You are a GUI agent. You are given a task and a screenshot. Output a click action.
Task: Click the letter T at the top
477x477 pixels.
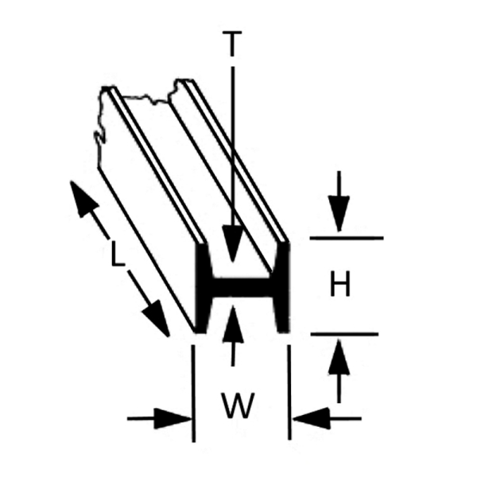point(232,44)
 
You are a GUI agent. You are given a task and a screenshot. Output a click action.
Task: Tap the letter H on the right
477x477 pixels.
point(340,284)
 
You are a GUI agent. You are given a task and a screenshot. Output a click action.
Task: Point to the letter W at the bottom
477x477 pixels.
point(238,405)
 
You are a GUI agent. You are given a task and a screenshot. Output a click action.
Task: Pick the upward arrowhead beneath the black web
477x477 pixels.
point(233,324)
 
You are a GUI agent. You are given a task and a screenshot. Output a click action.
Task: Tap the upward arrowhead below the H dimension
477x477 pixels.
point(339,357)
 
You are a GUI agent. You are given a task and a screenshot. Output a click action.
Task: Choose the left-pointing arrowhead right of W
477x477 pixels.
point(311,419)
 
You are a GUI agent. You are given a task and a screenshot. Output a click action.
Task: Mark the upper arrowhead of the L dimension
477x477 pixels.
point(83,198)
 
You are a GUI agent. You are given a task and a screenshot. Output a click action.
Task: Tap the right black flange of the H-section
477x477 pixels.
point(281,288)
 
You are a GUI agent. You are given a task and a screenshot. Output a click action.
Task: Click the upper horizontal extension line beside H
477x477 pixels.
point(347,238)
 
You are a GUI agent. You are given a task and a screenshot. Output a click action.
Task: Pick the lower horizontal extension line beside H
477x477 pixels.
point(344,334)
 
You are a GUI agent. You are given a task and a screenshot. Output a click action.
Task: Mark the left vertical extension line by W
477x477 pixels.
point(193,394)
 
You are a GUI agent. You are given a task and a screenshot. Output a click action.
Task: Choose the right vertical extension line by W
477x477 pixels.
point(289,393)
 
